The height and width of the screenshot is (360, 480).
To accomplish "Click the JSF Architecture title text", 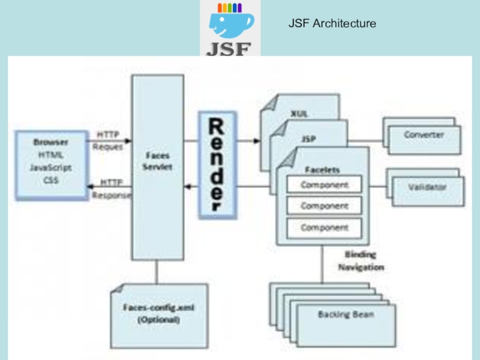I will pos(332,24).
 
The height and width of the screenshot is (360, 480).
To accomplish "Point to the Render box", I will pos(217,164).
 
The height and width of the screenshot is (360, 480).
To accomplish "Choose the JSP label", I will pos(308,139).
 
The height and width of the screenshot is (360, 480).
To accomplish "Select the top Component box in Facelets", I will pos(324,184).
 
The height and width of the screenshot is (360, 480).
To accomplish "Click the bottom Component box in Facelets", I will pos(324,228).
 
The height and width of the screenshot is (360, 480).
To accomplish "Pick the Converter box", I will pos(424,136).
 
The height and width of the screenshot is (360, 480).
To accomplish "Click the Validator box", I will pos(427,187).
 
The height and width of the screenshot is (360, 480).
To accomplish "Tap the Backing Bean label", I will pos(346,314).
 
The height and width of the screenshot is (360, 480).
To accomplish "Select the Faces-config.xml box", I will pos(159,314).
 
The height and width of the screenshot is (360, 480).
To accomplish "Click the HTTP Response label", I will pos(112,188).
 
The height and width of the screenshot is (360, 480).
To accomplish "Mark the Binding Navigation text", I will pos(361,261).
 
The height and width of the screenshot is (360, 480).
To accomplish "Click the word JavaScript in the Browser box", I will pos(51,168).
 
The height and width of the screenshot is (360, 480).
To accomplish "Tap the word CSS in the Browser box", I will pos(51,180).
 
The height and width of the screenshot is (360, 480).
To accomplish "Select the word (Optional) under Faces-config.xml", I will pos(159,320).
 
